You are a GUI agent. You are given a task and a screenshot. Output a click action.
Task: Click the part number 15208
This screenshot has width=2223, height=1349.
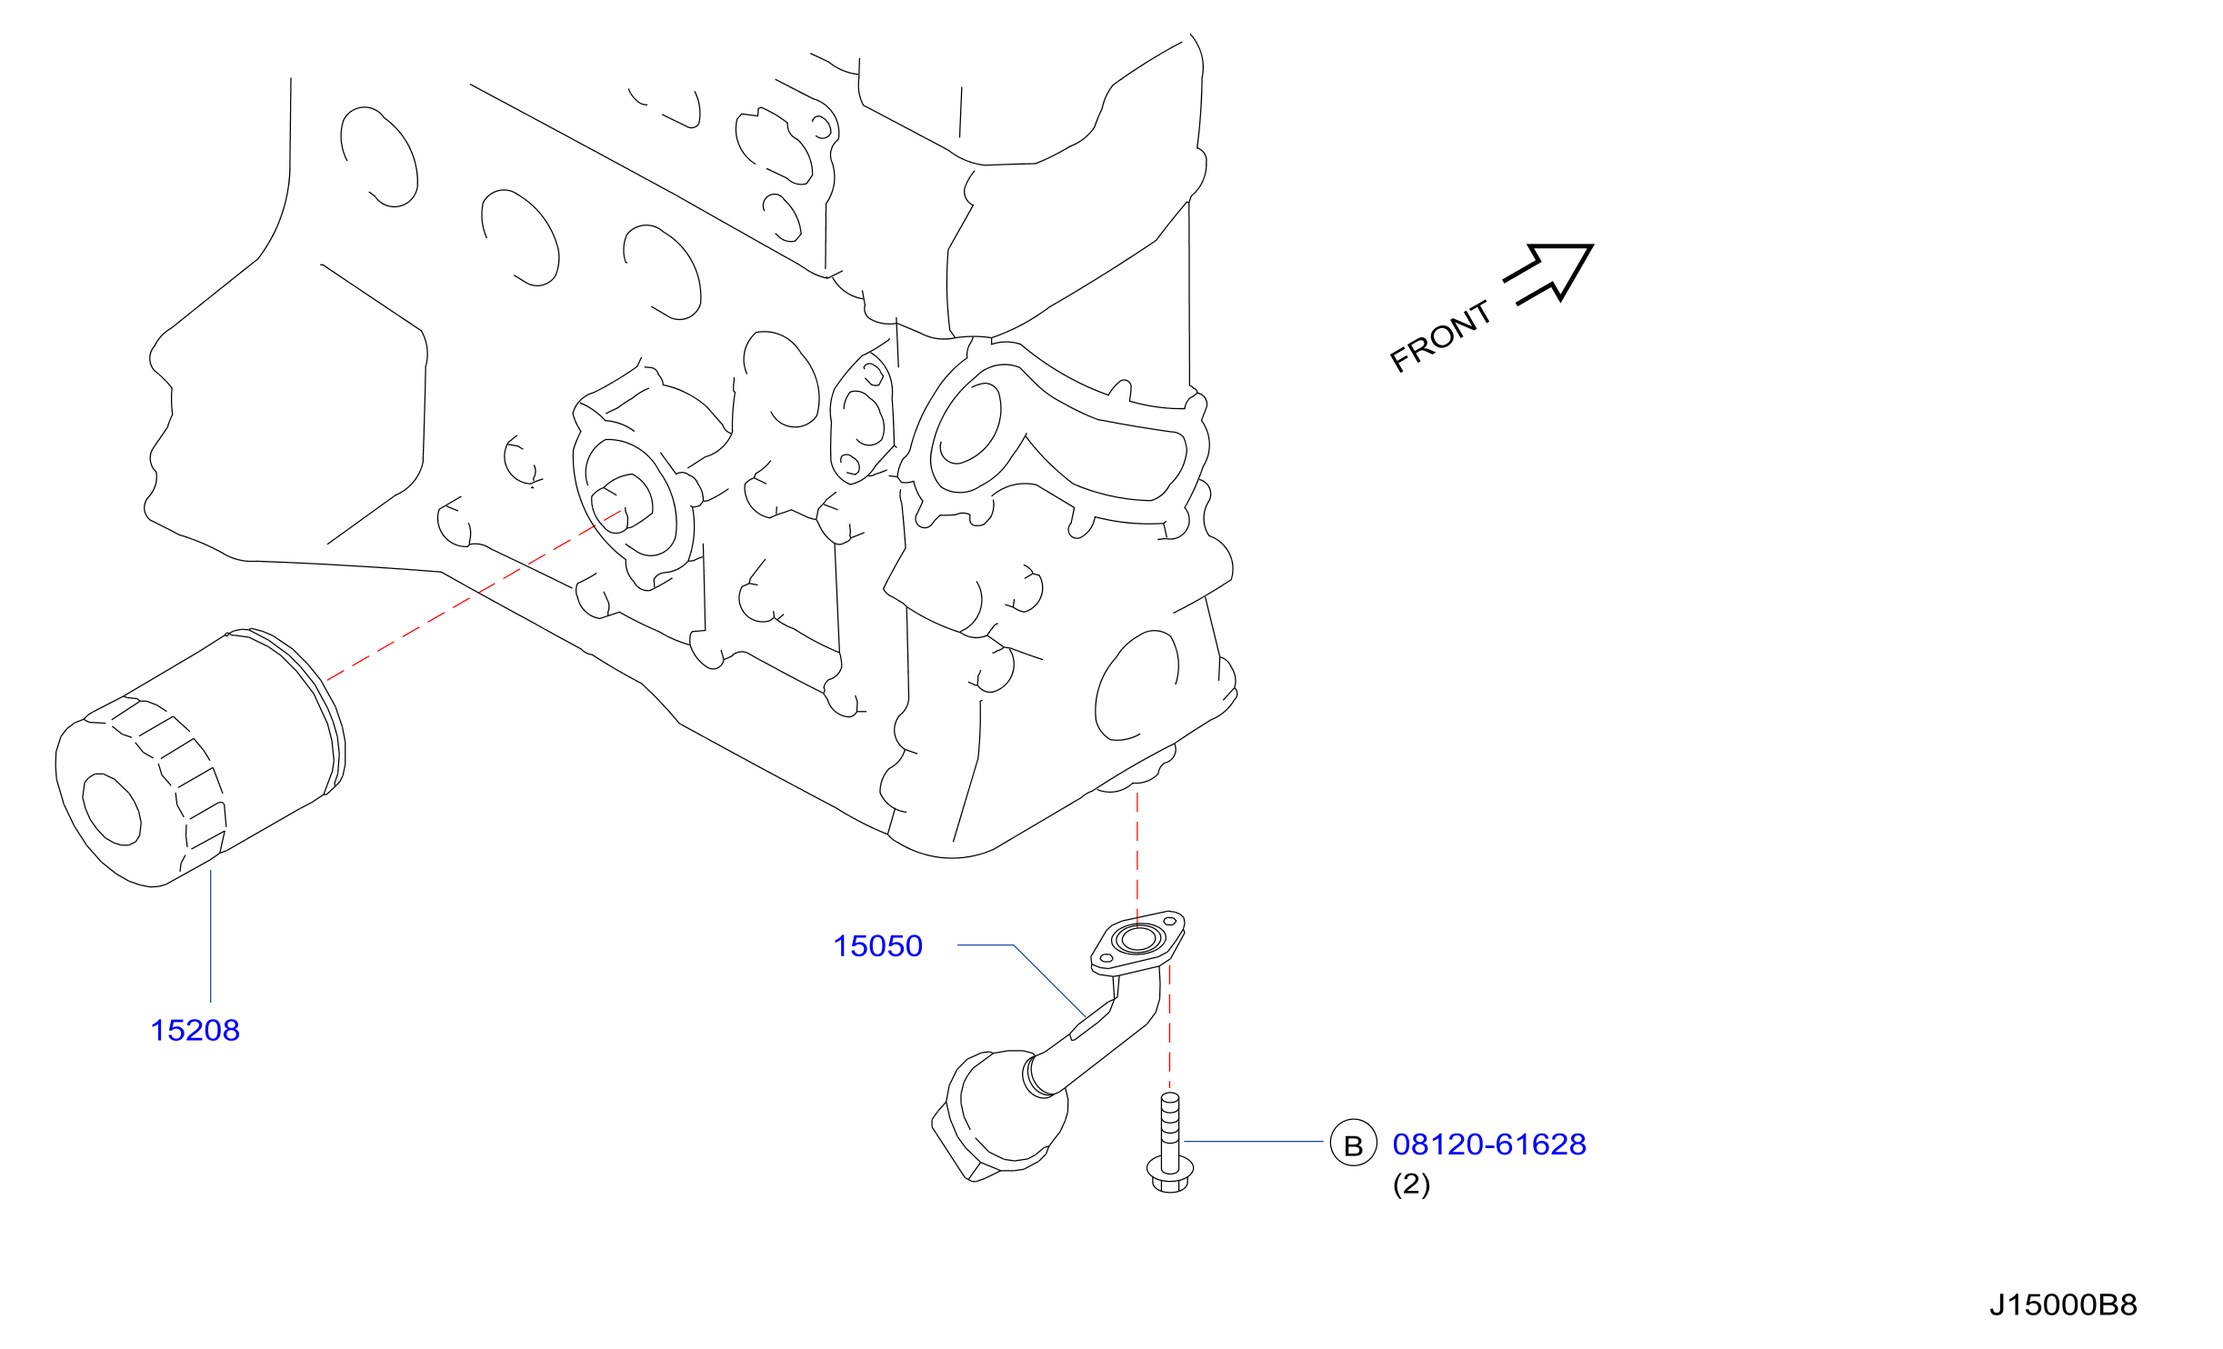click(x=195, y=1031)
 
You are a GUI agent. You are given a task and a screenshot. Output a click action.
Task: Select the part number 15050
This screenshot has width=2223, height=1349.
click(x=877, y=946)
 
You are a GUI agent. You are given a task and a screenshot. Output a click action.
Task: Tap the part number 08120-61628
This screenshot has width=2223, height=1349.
click(x=1489, y=1144)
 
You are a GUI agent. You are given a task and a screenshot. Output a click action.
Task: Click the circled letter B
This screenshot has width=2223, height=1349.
click(x=1354, y=1143)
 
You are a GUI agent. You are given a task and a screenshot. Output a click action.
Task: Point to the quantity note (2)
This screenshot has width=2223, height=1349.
click(x=1411, y=1184)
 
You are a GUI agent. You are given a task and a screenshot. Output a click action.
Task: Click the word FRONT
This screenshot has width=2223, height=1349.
click(x=1440, y=336)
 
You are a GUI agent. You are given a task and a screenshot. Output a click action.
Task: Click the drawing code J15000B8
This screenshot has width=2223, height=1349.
click(x=2063, y=1305)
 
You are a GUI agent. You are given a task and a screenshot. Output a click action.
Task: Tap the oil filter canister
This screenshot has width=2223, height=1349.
click(x=200, y=757)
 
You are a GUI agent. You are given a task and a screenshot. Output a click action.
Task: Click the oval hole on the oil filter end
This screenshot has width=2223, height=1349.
click(x=112, y=809)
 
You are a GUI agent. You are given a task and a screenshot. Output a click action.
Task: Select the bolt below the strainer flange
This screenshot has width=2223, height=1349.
click(x=1170, y=1143)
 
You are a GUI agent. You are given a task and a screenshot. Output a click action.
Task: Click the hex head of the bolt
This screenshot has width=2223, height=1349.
click(x=1170, y=1174)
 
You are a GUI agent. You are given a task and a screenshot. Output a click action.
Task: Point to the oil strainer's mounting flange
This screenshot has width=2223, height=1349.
click(x=1137, y=943)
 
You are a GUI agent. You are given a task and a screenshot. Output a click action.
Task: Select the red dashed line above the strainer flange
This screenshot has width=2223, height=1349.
click(x=1137, y=859)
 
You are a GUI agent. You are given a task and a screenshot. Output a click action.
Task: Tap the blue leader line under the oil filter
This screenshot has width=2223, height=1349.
click(x=211, y=936)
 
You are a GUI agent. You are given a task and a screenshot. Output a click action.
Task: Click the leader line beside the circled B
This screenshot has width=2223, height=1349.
click(x=1254, y=1141)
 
